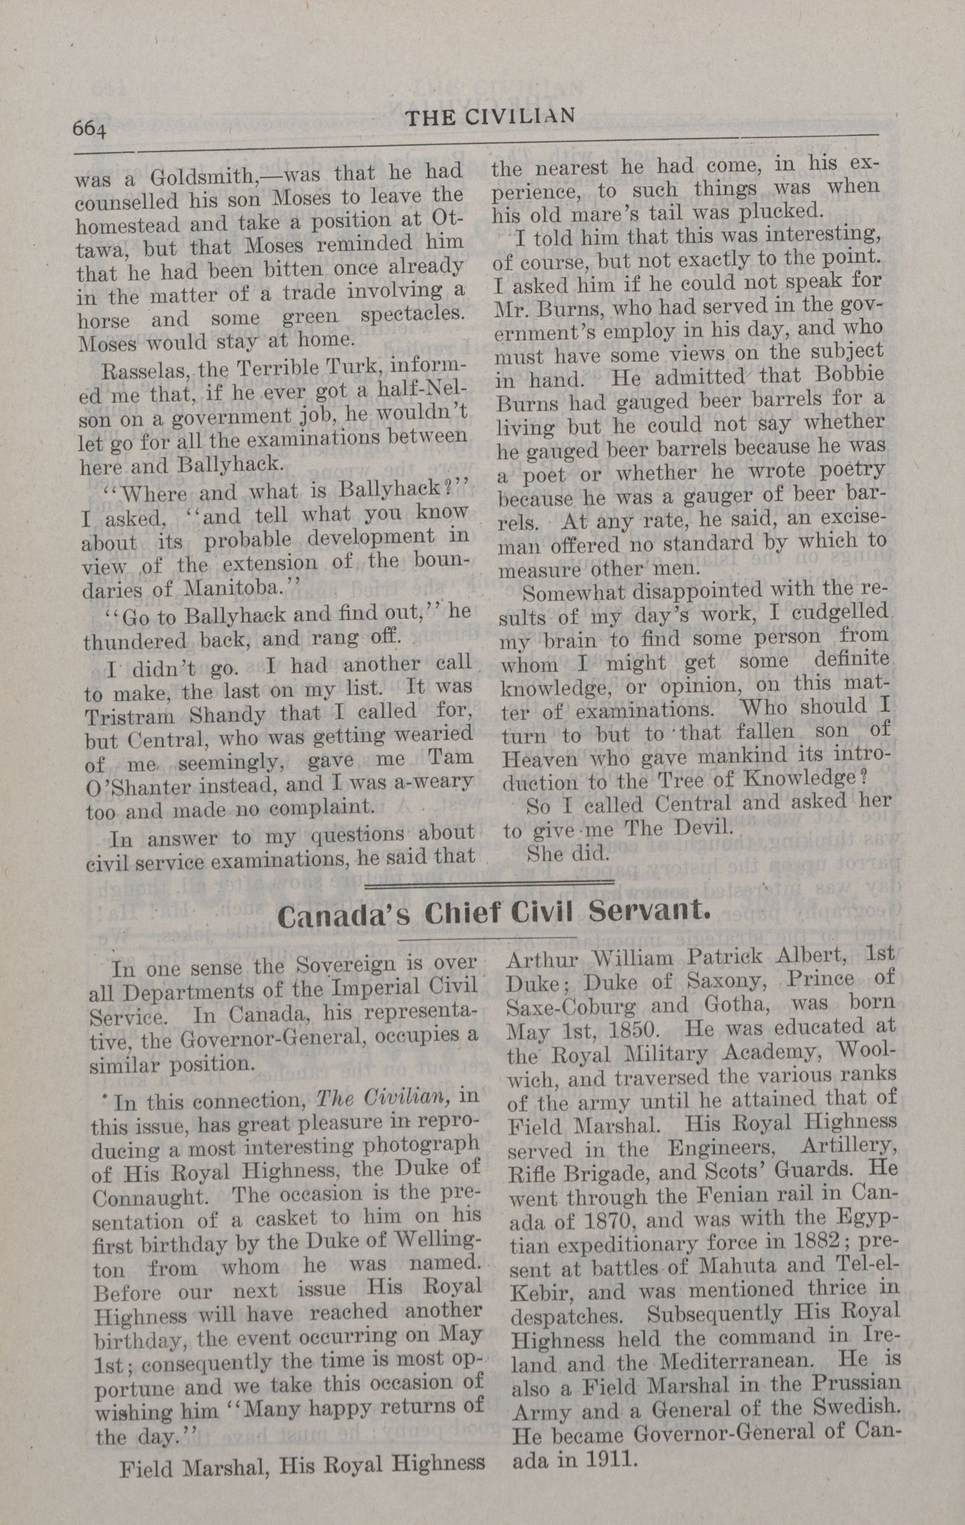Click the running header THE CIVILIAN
tap(490, 117)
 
